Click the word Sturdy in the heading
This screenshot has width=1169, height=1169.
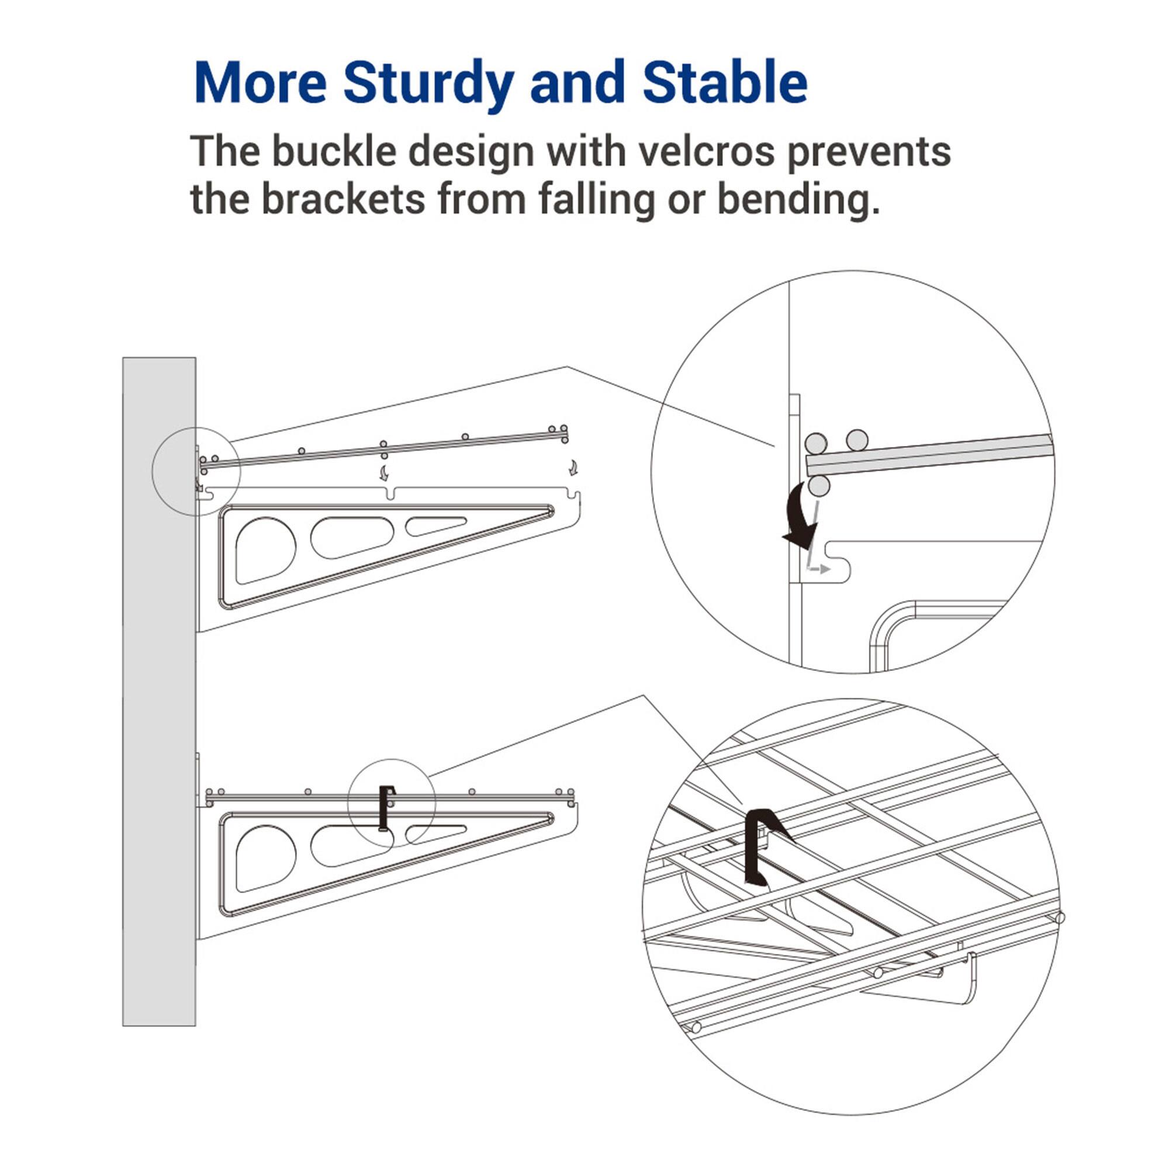click(x=428, y=83)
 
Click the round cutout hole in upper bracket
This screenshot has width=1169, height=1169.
click(x=264, y=549)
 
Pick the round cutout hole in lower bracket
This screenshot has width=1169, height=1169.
click(x=264, y=857)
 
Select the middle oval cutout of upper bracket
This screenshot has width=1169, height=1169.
click(x=351, y=537)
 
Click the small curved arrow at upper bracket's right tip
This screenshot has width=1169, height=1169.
click(x=572, y=467)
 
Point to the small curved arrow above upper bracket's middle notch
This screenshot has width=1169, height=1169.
click(x=384, y=472)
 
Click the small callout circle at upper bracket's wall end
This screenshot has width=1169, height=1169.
click(x=196, y=471)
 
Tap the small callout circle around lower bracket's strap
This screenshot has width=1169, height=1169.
click(x=392, y=803)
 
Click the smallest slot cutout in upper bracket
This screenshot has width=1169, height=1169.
click(x=434, y=525)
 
